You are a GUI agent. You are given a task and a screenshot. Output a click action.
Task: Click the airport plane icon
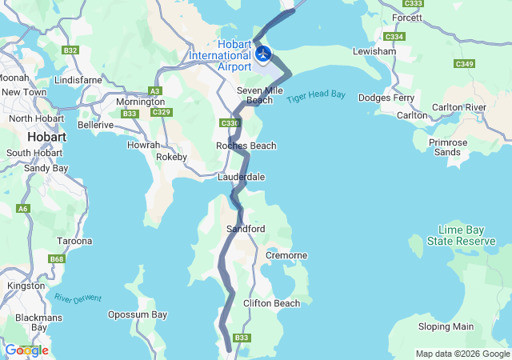pos(263,54)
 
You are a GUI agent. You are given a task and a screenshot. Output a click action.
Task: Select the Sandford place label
pos(246,229)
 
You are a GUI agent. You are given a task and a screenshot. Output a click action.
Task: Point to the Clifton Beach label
pos(271,303)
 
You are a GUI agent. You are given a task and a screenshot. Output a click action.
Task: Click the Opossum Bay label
pos(138,314)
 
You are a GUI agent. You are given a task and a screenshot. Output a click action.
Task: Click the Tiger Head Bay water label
pos(316,95)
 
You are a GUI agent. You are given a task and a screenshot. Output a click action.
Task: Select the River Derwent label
pos(78,298)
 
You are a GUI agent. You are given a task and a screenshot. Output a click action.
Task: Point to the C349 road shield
pos(464,63)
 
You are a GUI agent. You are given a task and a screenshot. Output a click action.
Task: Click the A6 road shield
pos(22,209)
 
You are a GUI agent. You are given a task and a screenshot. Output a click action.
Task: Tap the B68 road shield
pos(57,259)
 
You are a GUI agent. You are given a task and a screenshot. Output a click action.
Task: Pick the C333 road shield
pos(414,4)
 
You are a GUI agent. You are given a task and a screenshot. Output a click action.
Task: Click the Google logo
pos(26,350)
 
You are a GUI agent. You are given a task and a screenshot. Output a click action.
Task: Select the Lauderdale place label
pos(241,177)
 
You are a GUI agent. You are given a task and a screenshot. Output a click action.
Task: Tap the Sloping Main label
pos(446,326)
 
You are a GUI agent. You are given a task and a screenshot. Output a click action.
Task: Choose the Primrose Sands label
pos(448,147)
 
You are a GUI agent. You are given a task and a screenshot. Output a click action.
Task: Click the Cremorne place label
pos(286,255)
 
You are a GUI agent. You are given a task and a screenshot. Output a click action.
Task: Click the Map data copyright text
pos(462,354)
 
